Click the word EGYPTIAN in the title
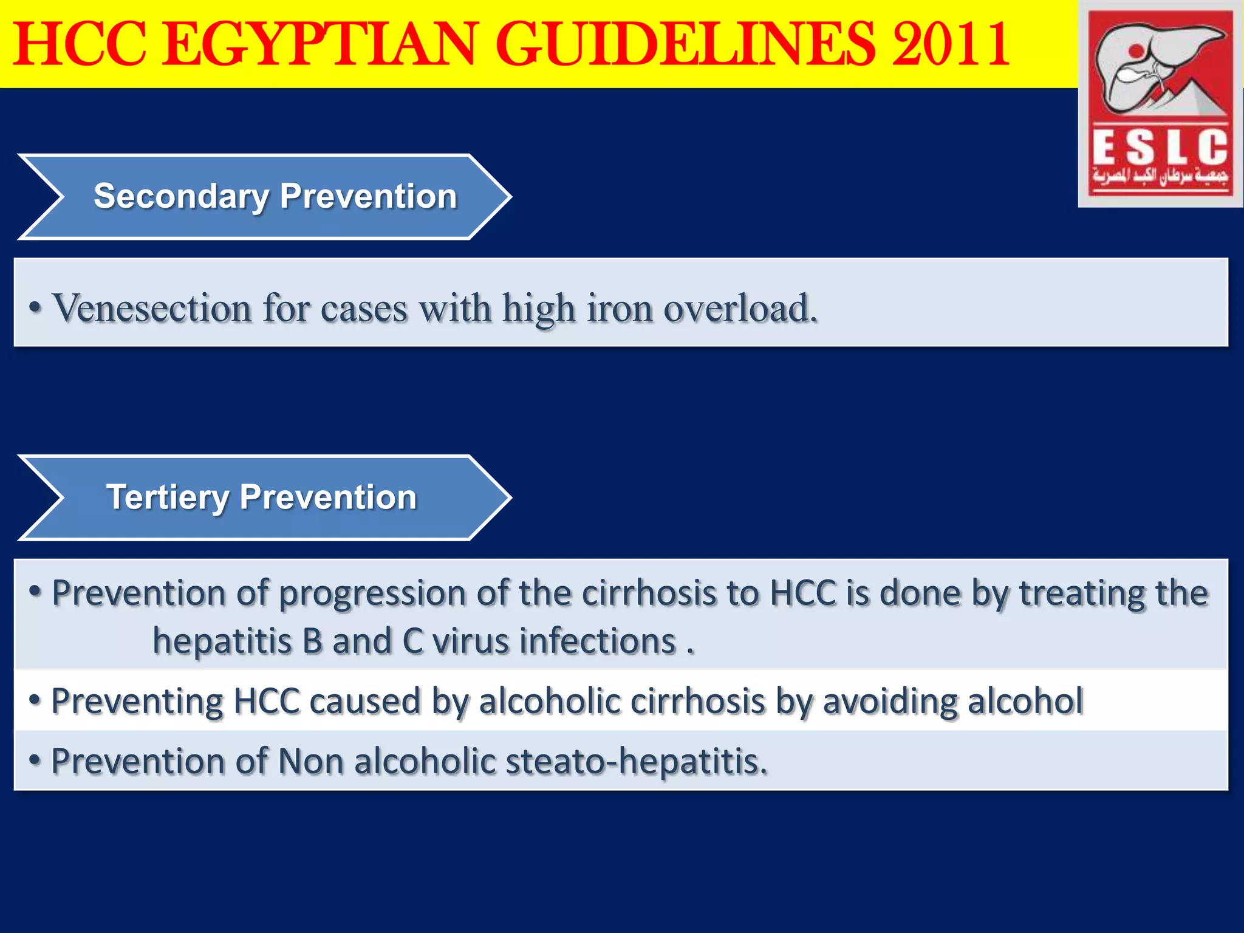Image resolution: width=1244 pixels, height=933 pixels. pos(320,44)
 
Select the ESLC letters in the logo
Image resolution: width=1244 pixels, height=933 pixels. pos(1160,148)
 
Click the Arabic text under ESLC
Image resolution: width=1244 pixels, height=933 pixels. pos(1160,177)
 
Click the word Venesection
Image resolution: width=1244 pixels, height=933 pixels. pos(152,308)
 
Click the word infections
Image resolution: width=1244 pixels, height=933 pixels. pos(598,641)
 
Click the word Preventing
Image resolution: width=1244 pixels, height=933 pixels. pos(137,702)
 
